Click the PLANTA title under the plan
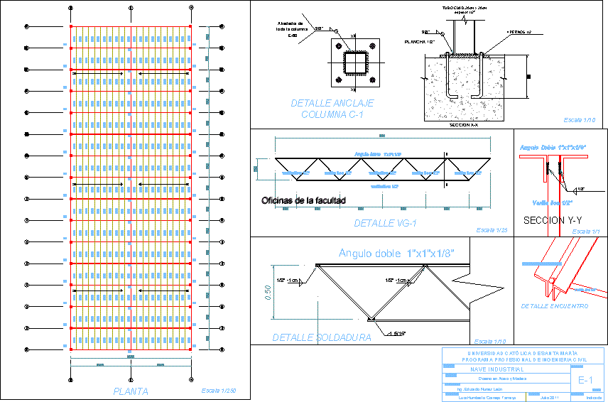click(131, 391)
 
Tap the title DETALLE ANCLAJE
click(332, 104)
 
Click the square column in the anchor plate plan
click(353, 63)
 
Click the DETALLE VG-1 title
click(384, 224)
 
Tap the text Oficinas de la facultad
click(303, 201)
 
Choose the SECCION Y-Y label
click(553, 221)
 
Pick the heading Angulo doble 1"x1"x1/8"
click(396, 254)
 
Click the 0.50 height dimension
click(267, 293)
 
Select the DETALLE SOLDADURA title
click(321, 338)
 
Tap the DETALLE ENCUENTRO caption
click(555, 306)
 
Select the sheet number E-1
click(586, 381)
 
